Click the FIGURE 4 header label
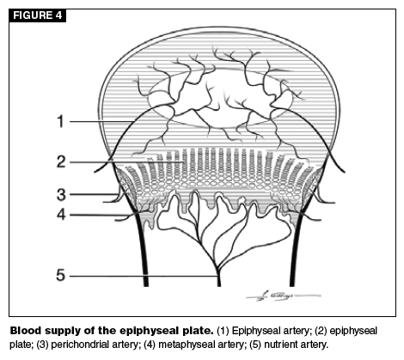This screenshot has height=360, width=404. point(38,15)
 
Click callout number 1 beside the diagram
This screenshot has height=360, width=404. point(60,121)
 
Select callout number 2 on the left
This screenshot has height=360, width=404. point(61,162)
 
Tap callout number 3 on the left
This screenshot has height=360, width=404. point(61,195)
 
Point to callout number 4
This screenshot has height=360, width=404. point(61,214)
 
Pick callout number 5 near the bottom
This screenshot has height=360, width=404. point(61,275)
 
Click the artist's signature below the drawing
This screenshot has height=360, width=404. point(283,296)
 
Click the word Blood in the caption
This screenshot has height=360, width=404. point(23,331)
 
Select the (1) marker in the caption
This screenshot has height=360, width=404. point(223,331)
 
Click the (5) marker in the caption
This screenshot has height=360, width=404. point(255,345)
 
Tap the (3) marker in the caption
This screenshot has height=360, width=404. point(42,345)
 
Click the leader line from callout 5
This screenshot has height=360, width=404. point(144,277)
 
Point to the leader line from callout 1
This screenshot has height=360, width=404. point(101,121)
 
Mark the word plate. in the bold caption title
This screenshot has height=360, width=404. point(199,332)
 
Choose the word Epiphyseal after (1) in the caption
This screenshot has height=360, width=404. point(252,332)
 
